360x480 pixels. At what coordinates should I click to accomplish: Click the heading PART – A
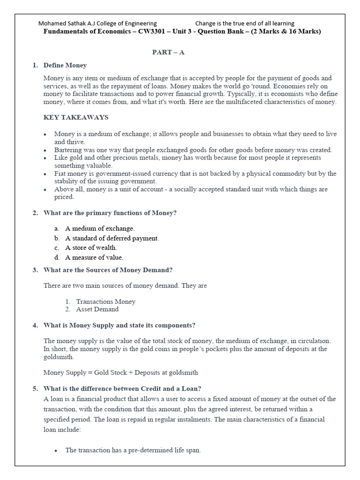[168, 52]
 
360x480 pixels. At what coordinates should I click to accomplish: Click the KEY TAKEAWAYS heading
[76, 117]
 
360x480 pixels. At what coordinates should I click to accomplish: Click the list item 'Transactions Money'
[106, 301]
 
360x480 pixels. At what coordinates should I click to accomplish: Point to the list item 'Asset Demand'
[97, 309]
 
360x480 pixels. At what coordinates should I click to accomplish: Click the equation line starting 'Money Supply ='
[120, 373]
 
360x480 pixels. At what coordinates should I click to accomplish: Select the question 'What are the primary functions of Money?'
[110, 213]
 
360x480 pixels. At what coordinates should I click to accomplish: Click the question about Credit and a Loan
[122, 389]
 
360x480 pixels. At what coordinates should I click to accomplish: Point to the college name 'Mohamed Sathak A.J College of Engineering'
[97, 23]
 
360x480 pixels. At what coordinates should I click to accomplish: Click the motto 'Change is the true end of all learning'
[245, 23]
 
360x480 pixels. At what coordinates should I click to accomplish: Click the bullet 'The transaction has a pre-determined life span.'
[133, 450]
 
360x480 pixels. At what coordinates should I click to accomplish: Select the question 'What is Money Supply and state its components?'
[119, 325]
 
